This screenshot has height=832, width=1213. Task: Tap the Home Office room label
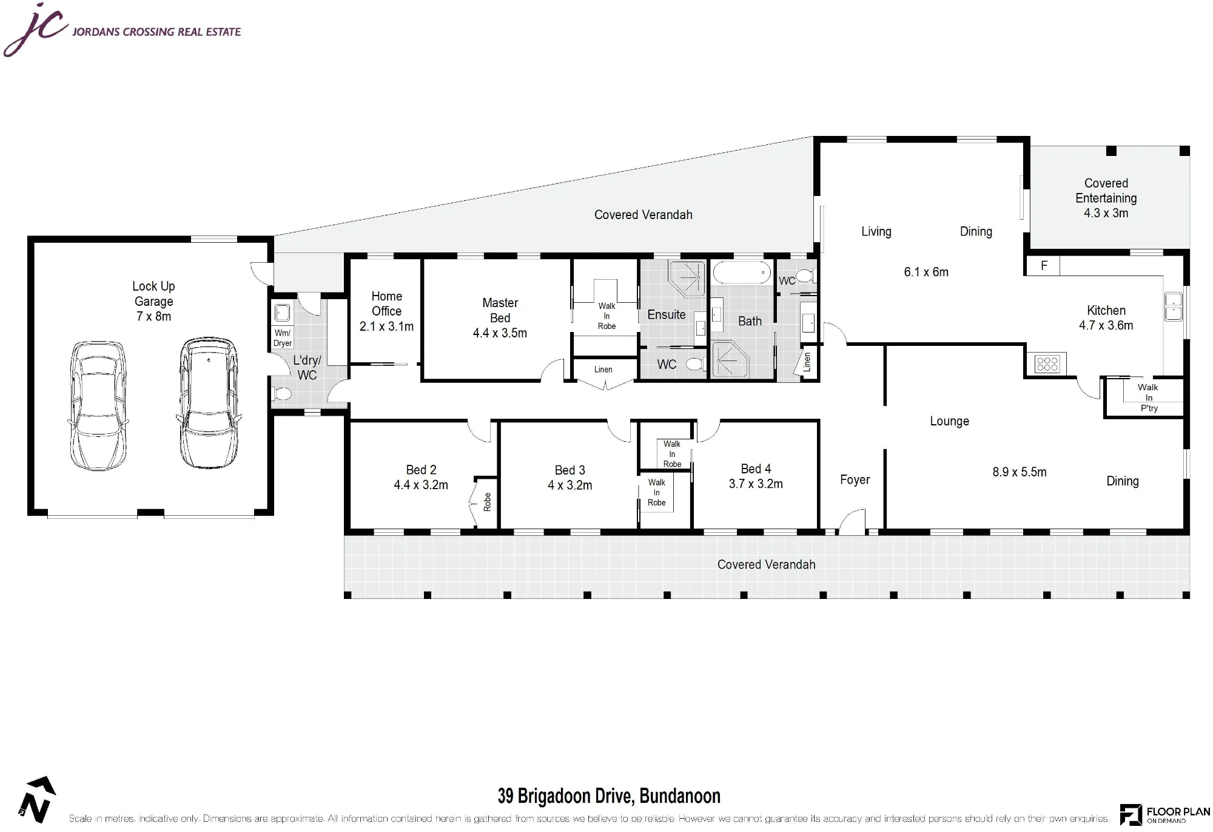[387, 303]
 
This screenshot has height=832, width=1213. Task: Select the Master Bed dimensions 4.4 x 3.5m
[500, 333]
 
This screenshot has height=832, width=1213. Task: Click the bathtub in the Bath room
[742, 273]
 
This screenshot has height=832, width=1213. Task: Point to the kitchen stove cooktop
[1047, 364]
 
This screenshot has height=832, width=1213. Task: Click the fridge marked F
[1043, 266]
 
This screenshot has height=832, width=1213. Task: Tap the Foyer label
[855, 480]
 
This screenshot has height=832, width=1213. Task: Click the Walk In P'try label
[1148, 397]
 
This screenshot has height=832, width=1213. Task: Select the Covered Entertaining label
[1106, 191]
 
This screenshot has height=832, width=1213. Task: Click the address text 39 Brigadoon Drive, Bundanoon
[609, 796]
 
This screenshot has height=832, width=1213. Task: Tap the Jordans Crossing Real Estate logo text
[156, 32]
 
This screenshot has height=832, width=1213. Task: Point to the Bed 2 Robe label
[487, 502]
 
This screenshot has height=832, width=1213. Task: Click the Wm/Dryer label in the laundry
[283, 338]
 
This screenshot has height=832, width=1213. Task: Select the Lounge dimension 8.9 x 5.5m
[1020, 472]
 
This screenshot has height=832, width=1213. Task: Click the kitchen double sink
[1173, 306]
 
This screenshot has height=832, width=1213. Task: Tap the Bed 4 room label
[756, 469]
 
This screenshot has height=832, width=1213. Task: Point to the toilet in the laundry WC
[281, 394]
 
